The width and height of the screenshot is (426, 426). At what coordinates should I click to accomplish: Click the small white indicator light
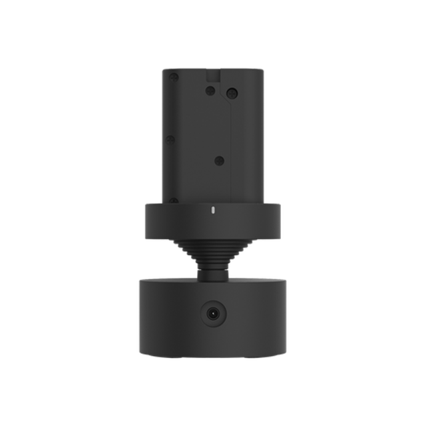[213, 210]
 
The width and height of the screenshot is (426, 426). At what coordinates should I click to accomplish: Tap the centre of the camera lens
[213, 312]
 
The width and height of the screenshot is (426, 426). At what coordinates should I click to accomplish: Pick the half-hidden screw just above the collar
[172, 200]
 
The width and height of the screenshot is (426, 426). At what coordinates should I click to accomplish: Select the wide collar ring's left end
[148, 219]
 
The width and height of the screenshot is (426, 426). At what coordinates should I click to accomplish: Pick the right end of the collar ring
[278, 219]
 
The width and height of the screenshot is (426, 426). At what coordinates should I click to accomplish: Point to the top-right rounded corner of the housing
[259, 71]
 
